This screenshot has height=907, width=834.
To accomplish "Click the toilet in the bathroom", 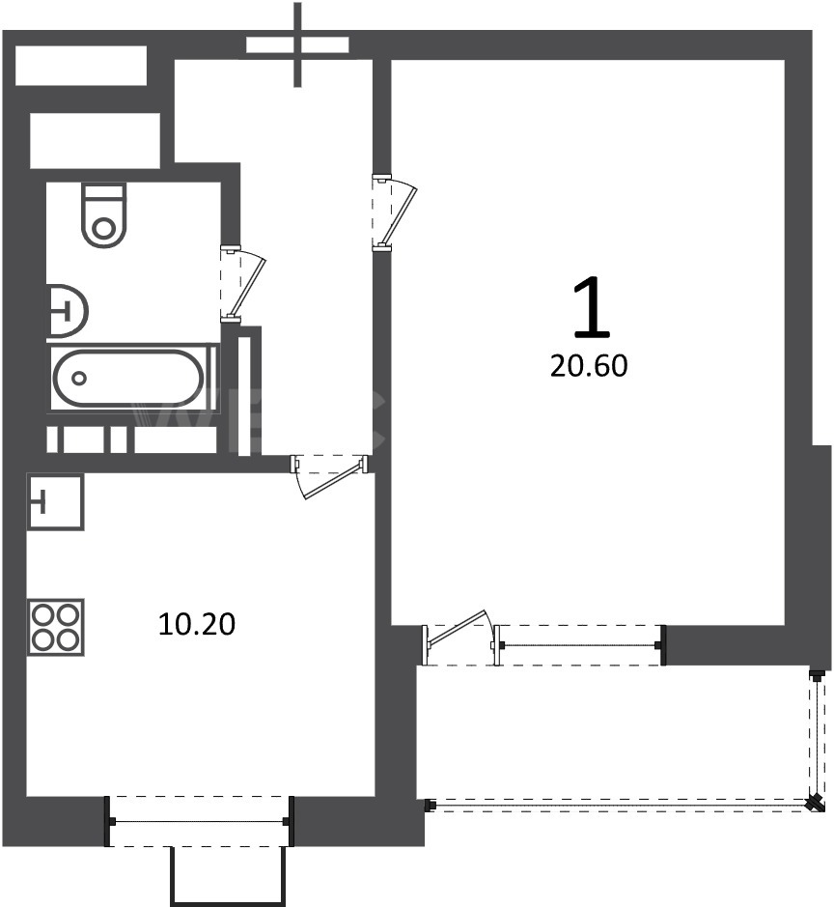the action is pos(104,215).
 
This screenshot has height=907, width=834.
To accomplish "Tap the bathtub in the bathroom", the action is pos(128,379).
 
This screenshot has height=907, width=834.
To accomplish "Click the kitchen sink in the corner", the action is pos(55,501).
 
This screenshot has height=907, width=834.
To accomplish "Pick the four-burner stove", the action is pos(55,627).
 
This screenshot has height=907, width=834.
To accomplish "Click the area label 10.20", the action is pos(197,625).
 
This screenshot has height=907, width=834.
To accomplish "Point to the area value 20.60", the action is pos(589,366).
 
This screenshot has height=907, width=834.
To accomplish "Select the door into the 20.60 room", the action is pos(395,213).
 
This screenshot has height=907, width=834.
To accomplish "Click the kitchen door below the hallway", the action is pos(330,476).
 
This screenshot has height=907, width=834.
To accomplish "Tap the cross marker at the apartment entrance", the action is pos(297,44).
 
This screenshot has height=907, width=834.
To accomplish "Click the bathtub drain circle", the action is pos(79,379).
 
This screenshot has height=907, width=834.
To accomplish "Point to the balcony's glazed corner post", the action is pos(816,803).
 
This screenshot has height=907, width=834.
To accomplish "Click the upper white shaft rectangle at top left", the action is pos(80,66).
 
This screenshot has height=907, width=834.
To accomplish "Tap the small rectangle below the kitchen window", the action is pos(229,876).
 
